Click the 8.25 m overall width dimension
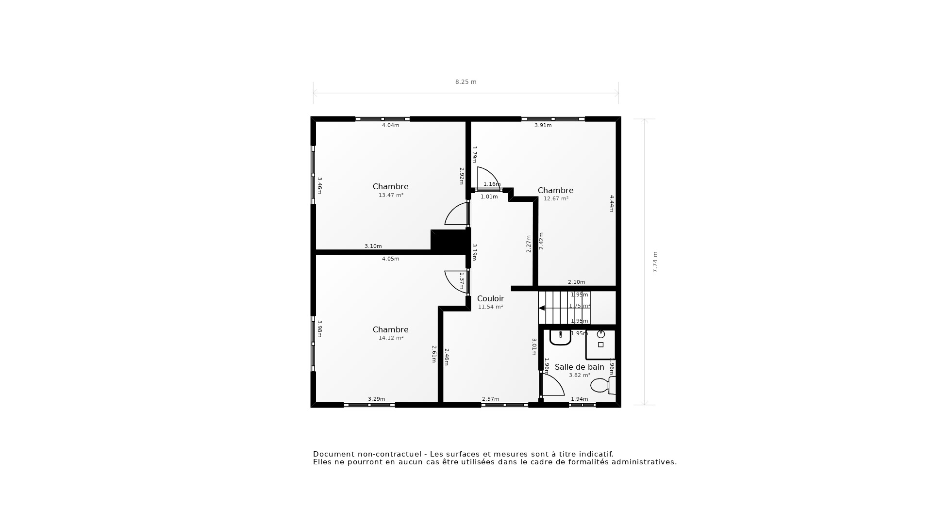point(466,82)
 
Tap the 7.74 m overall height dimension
point(655,262)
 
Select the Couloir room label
point(490,299)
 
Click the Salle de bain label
point(579,367)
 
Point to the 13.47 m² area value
point(391,195)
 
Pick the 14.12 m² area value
point(391,338)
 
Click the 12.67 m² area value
point(556,198)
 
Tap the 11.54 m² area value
point(490,307)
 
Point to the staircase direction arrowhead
point(542,308)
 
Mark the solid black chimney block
point(449,240)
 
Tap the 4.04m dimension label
point(390,125)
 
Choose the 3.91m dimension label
point(543,125)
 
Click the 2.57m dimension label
point(490,399)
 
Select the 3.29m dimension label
point(376,399)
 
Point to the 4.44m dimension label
point(612,203)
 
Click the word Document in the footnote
point(333,454)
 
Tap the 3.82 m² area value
point(579,375)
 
